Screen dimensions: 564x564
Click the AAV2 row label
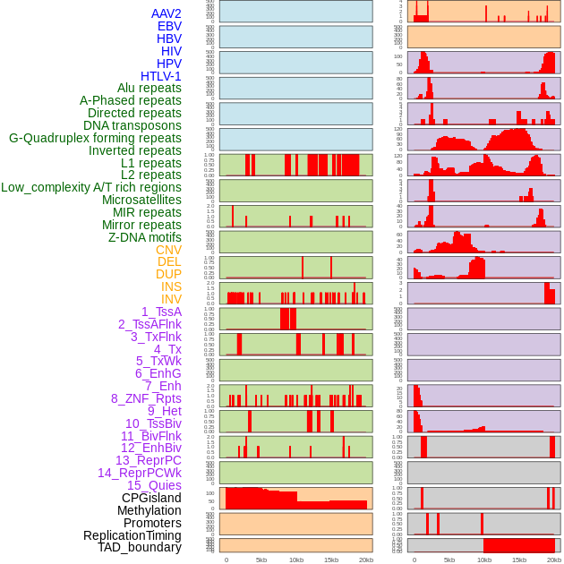[167, 13]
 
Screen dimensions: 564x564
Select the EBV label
[169, 26]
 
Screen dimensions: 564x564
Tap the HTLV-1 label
[161, 76]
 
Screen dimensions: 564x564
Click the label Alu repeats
[150, 88]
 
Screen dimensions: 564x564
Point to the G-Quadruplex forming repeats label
[95, 138]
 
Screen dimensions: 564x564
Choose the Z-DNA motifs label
[145, 237]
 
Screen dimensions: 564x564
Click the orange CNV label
[168, 250]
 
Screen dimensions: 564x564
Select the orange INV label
[171, 299]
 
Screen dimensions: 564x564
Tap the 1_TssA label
[161, 312]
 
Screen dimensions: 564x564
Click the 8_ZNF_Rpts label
[146, 398]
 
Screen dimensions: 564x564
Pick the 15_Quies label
[154, 485]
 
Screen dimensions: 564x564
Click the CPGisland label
[151, 498]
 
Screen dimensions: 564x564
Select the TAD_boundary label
[140, 547]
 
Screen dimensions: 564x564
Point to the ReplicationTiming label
[132, 535]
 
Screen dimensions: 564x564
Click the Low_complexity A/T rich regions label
[91, 187]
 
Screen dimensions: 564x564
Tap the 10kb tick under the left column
[296, 560]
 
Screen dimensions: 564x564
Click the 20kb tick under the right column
[554, 560]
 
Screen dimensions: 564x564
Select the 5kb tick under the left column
[261, 560]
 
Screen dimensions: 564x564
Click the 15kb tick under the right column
[519, 560]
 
